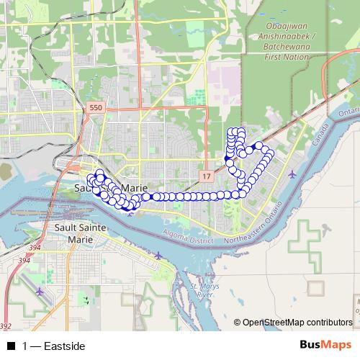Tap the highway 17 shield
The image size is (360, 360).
pyautogui.click(x=207, y=176)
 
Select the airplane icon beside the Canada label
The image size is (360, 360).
pyautogui.click(x=291, y=174)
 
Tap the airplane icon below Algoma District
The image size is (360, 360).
pyautogui.click(x=159, y=255)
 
